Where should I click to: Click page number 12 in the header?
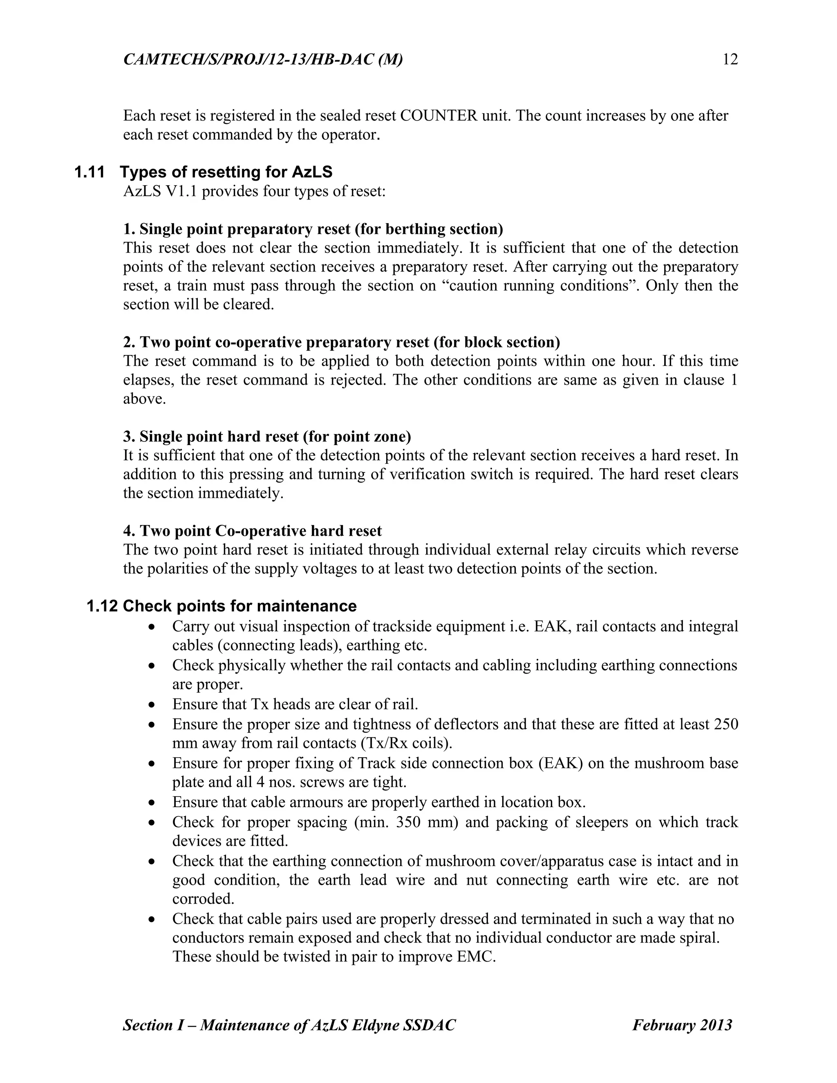tap(730, 60)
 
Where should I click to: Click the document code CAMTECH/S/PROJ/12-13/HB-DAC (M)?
tap(263, 60)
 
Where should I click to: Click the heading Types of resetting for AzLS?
tap(226, 172)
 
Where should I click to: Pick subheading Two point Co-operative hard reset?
tap(253, 530)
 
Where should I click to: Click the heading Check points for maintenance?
tap(239, 606)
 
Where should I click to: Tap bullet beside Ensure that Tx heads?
tap(152, 705)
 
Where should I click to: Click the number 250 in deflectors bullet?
tap(726, 725)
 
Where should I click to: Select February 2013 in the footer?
tap(682, 1025)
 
